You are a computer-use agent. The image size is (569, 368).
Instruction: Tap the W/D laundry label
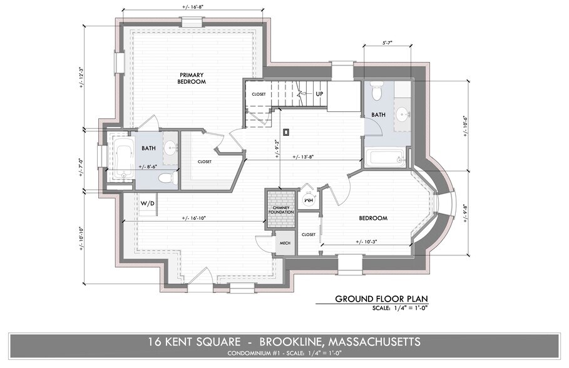(148, 203)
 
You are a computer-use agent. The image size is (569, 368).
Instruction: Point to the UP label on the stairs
(319, 93)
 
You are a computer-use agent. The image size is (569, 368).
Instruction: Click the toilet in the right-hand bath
(376, 92)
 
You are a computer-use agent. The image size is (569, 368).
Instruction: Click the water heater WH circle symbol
(308, 199)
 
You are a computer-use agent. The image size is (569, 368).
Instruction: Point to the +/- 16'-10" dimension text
(194, 218)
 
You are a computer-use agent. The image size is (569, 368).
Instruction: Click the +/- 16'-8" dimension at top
(191, 5)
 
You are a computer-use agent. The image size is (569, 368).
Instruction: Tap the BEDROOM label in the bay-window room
(373, 218)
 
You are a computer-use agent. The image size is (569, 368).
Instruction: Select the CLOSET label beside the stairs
(259, 94)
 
